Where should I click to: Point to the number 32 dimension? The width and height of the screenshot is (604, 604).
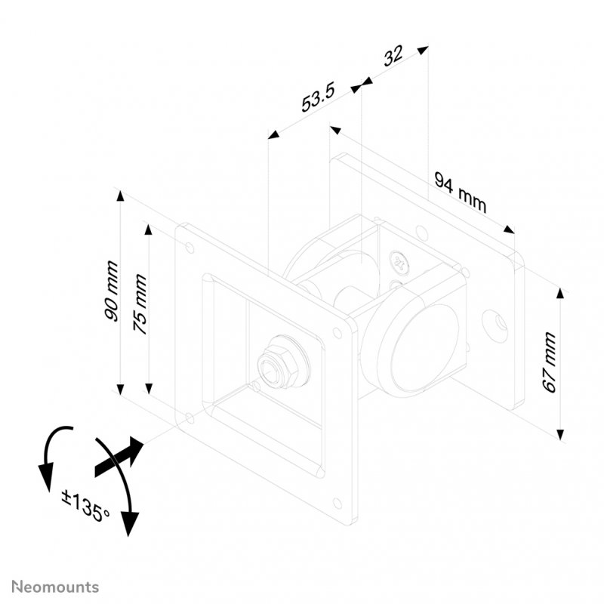(393, 58)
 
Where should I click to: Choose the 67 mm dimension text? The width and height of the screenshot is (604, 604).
(549, 362)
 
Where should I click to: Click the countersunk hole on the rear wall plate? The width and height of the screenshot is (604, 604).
(498, 323)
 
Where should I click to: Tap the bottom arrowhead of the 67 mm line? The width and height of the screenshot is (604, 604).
(559, 433)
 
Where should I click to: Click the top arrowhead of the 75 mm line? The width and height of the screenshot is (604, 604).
(149, 227)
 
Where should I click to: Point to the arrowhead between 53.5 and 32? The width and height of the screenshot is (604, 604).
(360, 85)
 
